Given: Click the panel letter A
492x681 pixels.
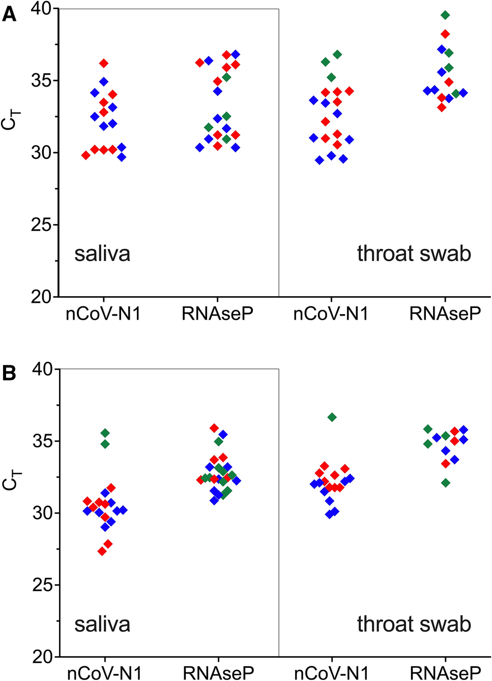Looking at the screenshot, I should click(x=9, y=15).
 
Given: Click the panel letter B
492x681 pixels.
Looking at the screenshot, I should click(x=9, y=374).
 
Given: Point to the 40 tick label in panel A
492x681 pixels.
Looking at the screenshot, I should click(x=40, y=9).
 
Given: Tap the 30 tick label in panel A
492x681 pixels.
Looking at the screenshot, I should click(x=41, y=153).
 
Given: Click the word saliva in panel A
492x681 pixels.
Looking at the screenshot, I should click(x=102, y=253).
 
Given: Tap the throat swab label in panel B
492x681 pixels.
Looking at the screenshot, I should click(x=414, y=624).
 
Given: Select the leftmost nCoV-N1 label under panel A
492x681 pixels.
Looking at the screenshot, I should click(x=103, y=314).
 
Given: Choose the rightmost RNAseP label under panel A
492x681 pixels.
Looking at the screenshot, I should click(x=445, y=314).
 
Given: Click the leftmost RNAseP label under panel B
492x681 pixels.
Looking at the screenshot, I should click(x=218, y=673).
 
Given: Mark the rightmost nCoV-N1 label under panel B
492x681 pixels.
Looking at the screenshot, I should click(x=331, y=673).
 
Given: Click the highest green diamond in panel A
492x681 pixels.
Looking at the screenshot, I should click(x=445, y=15).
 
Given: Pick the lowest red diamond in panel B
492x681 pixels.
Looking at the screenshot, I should click(x=102, y=551).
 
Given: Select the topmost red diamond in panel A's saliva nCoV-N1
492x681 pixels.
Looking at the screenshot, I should click(x=104, y=64).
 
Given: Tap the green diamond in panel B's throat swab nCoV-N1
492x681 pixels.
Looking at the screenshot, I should click(x=332, y=417).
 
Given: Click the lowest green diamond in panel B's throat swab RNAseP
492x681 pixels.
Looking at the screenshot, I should click(x=446, y=483).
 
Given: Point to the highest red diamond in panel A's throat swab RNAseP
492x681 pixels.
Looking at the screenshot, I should click(x=445, y=34).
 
